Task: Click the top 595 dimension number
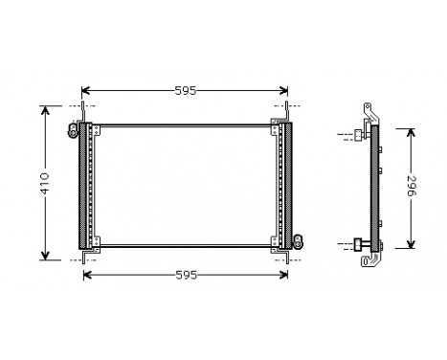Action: click(186, 91)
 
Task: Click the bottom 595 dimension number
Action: click(186, 276)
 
